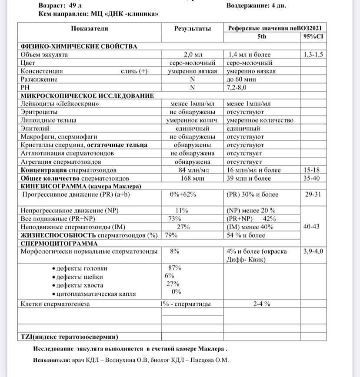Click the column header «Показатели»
[x=90, y=29]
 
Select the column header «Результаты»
[x=192, y=29]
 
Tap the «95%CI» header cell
[x=313, y=37]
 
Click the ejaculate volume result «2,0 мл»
[x=193, y=55]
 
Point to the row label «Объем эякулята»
[x=44, y=55]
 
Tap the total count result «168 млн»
[x=192, y=178]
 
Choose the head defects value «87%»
[x=174, y=268]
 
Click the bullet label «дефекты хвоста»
[x=80, y=285]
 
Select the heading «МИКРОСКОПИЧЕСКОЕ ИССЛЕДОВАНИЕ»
[x=87, y=96]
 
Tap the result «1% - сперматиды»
[x=185, y=304]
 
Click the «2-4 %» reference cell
[x=262, y=304]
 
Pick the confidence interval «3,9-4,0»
[x=313, y=251]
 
